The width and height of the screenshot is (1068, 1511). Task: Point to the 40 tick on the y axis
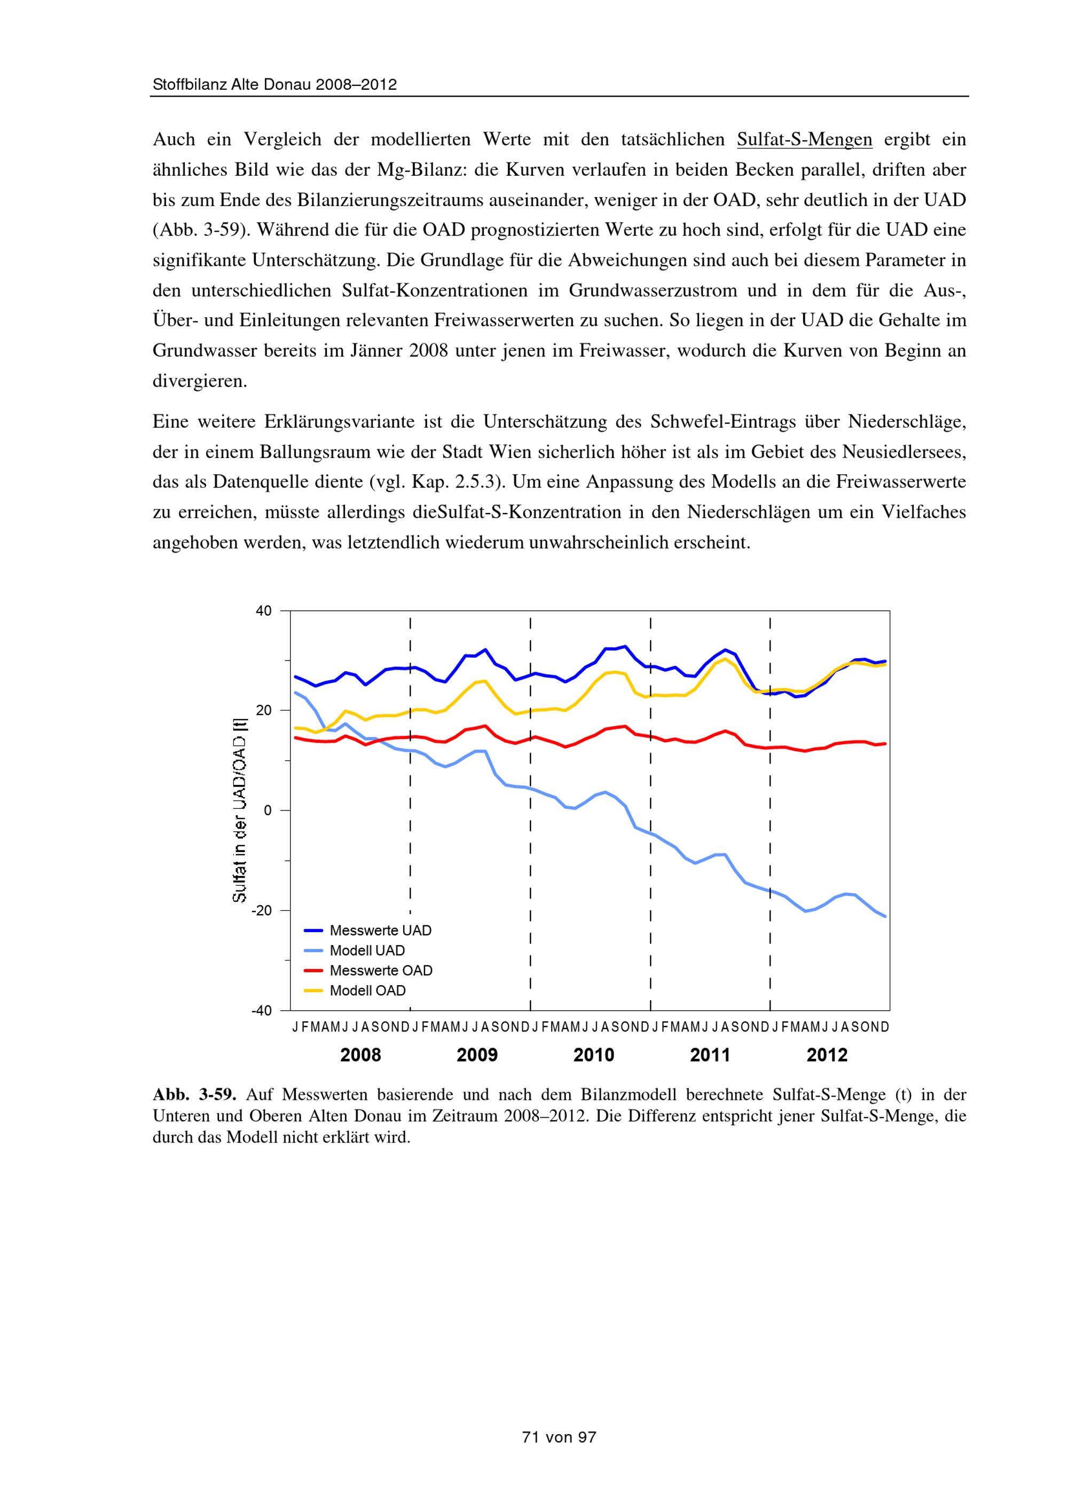[x=263, y=611]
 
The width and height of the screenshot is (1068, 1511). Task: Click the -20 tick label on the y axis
[x=261, y=911]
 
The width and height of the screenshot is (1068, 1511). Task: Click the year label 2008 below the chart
[x=360, y=1055]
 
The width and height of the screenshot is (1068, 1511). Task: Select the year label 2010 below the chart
[x=594, y=1055]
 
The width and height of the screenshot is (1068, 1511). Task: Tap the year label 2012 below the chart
[x=827, y=1055]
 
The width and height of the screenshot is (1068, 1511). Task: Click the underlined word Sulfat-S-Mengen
[x=804, y=139]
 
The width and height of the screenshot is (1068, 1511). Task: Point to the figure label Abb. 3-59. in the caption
[x=194, y=1095]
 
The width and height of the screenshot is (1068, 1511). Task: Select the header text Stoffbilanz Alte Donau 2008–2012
[x=274, y=85]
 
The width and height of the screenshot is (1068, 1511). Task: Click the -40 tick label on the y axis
[x=261, y=1011]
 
